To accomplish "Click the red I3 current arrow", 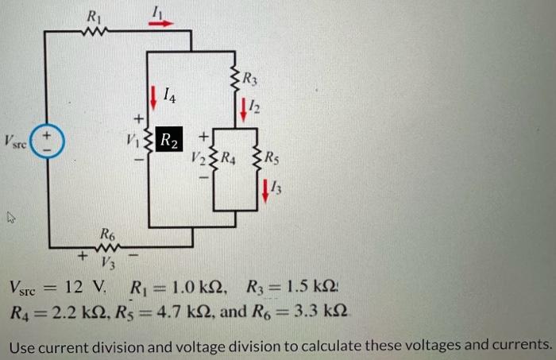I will pos(265,189).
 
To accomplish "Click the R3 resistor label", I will pos(250,79).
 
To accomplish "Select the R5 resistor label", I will pos(271,156).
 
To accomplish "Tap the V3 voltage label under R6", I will pos(107,261).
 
